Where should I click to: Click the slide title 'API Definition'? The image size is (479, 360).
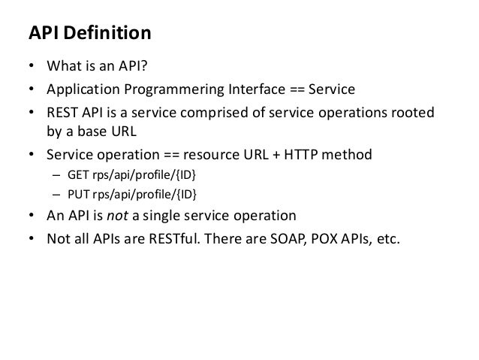pyautogui.click(x=89, y=34)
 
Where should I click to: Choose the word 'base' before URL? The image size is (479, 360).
pyautogui.click(x=95, y=132)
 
